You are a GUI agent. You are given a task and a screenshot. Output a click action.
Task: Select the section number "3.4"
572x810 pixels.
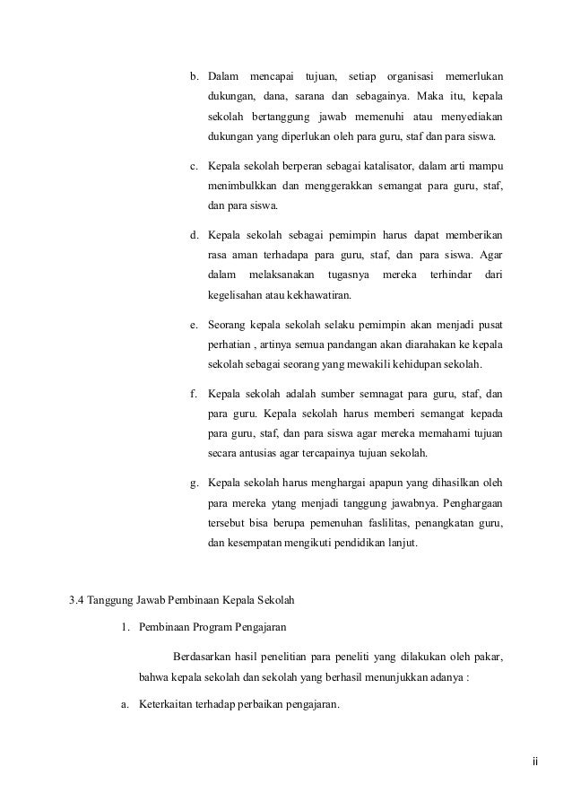[78, 599]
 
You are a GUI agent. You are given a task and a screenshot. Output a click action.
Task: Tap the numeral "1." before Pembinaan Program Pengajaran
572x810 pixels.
[126, 626]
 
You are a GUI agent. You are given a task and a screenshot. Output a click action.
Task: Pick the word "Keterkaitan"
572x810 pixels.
[171, 704]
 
